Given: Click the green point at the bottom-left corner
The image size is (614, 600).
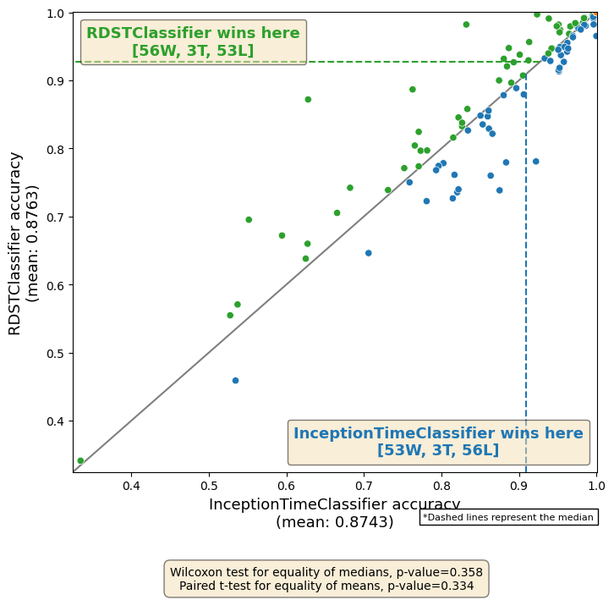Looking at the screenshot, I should click(80, 461).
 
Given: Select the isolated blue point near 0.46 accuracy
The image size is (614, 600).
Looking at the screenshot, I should click(235, 381).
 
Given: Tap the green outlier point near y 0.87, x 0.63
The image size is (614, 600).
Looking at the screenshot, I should click(308, 100).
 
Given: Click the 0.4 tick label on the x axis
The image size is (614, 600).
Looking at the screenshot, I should click(131, 485).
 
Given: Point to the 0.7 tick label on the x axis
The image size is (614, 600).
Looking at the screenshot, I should click(364, 485).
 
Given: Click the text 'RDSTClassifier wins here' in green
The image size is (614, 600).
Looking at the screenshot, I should click(193, 34).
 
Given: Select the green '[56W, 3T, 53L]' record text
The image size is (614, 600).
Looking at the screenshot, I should click(193, 52).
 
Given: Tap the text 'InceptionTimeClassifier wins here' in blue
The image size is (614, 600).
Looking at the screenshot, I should click(438, 433).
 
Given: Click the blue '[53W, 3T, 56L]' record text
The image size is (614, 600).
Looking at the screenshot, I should click(438, 451).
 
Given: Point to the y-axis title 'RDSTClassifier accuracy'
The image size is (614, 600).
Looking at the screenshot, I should click(15, 243).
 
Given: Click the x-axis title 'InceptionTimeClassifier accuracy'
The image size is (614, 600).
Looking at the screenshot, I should click(334, 504).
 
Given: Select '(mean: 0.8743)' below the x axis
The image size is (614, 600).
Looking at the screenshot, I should click(334, 523).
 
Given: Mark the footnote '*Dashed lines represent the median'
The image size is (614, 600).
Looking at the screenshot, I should click(508, 517).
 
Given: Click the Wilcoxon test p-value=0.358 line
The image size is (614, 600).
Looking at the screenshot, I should click(326, 572).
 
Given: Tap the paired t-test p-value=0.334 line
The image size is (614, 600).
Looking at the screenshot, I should click(326, 586).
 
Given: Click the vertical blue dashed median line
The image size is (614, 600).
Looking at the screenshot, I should click(526, 254).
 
